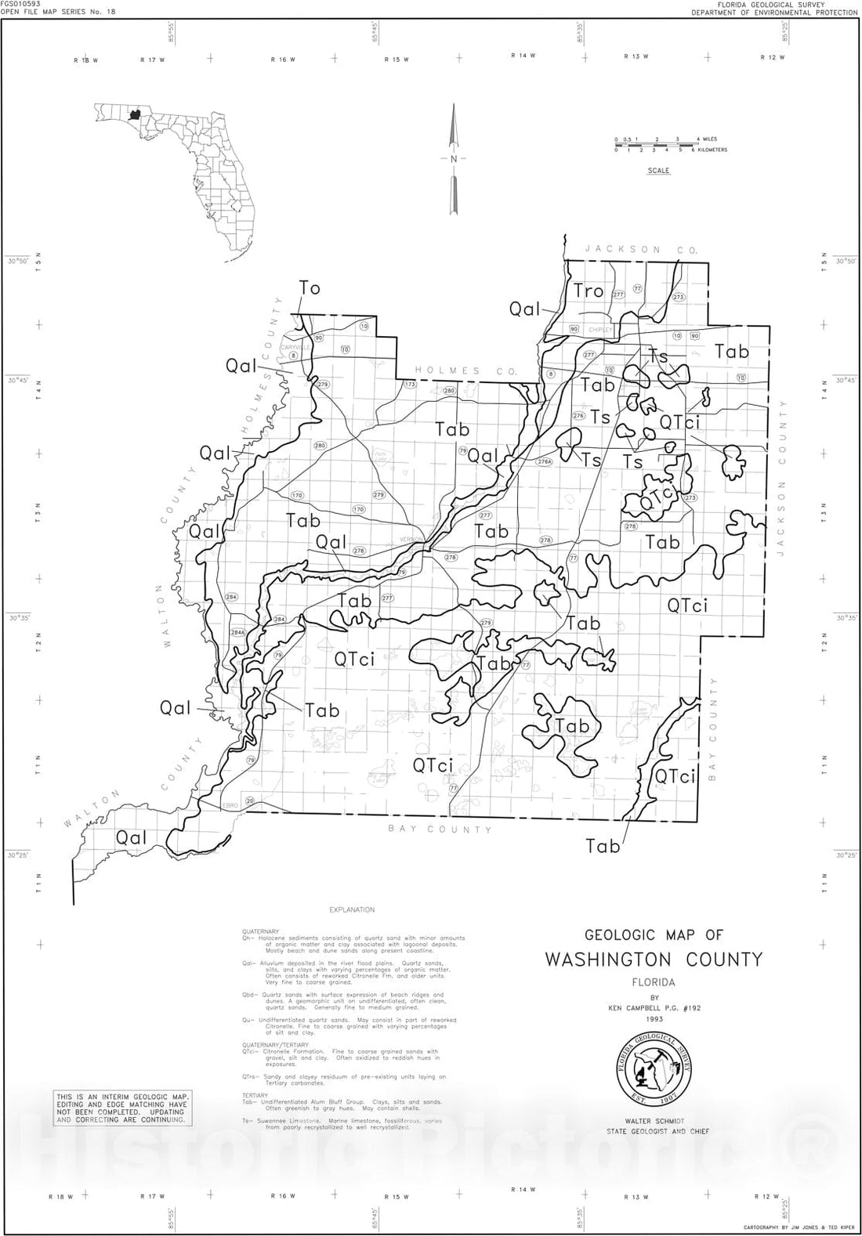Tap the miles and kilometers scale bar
(670, 145)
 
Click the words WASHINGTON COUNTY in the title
(654, 960)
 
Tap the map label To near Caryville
(310, 288)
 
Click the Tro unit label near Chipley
(589, 291)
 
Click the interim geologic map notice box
(121, 1108)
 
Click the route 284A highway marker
(237, 632)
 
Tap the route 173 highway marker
(410, 385)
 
